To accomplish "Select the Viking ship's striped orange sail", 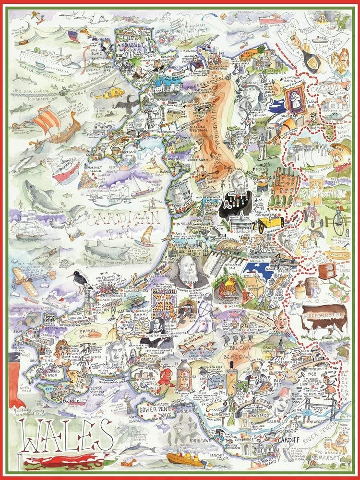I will click(47, 121).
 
